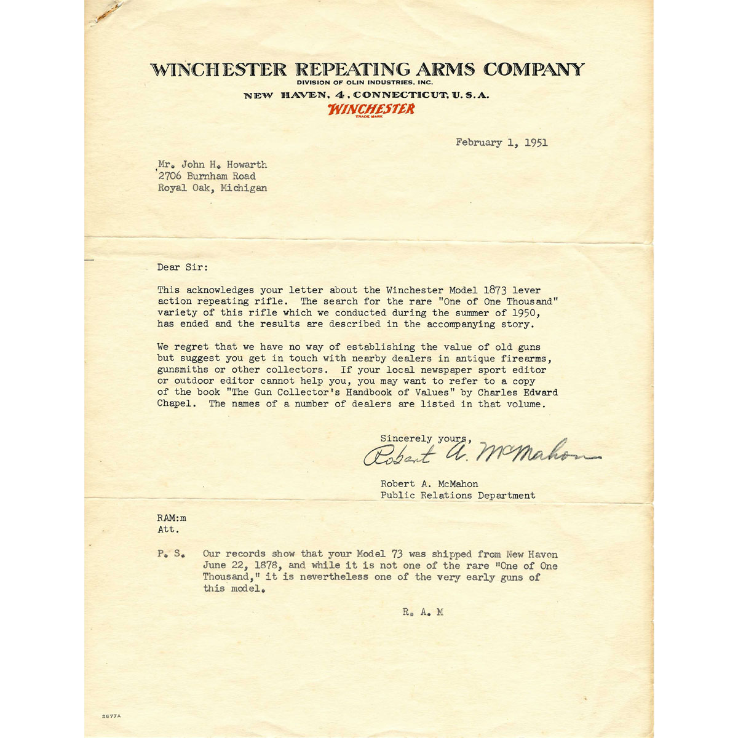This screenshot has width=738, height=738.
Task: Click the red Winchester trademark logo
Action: [371, 109]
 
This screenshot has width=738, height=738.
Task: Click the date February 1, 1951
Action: [501, 143]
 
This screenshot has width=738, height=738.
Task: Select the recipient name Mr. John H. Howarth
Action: [212, 165]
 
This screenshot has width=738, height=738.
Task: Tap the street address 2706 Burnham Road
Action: [207, 177]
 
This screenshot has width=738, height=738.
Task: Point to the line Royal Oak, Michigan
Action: [212, 188]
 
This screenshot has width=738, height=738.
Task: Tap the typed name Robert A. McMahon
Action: [429, 484]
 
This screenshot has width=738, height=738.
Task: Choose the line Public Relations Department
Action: [458, 496]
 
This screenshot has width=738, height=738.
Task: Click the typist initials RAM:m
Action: [172, 518]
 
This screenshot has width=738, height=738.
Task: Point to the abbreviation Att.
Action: [169, 530]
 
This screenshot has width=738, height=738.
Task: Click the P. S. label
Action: [170, 554]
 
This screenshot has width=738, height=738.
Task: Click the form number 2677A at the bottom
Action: [112, 717]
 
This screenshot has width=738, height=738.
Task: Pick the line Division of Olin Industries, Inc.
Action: [365, 82]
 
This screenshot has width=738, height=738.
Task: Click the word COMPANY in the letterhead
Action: [533, 69]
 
